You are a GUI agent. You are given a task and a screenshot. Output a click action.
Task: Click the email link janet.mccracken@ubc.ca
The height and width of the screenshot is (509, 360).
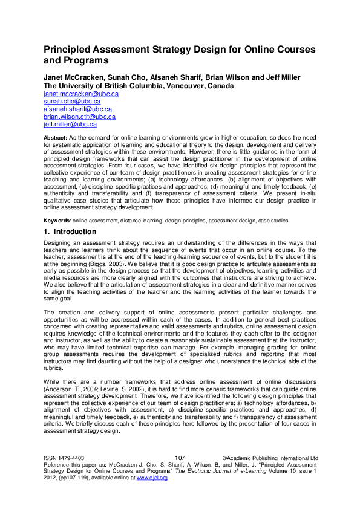(x=80, y=94)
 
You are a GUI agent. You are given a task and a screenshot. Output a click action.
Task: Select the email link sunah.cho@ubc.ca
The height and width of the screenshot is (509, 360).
(x=72, y=102)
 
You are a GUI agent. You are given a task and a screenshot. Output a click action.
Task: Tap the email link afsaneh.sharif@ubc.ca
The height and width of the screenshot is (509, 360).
(x=77, y=109)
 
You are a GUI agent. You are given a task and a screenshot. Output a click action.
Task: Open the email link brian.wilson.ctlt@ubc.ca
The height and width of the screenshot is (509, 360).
(x=79, y=116)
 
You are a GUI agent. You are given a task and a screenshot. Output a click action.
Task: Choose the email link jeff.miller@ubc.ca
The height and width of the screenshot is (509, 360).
(x=70, y=124)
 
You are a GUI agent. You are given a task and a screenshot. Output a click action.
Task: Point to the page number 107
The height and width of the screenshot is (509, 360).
(x=179, y=458)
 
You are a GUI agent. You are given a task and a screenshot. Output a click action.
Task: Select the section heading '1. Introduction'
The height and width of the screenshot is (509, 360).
(x=70, y=232)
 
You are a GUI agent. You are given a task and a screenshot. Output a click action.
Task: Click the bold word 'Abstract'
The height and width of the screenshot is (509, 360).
(x=55, y=138)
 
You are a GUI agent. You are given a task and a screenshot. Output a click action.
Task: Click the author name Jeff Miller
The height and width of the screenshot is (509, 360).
(x=283, y=78)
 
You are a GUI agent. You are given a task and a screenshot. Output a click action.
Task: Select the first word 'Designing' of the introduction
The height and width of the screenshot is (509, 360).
(x=57, y=242)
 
